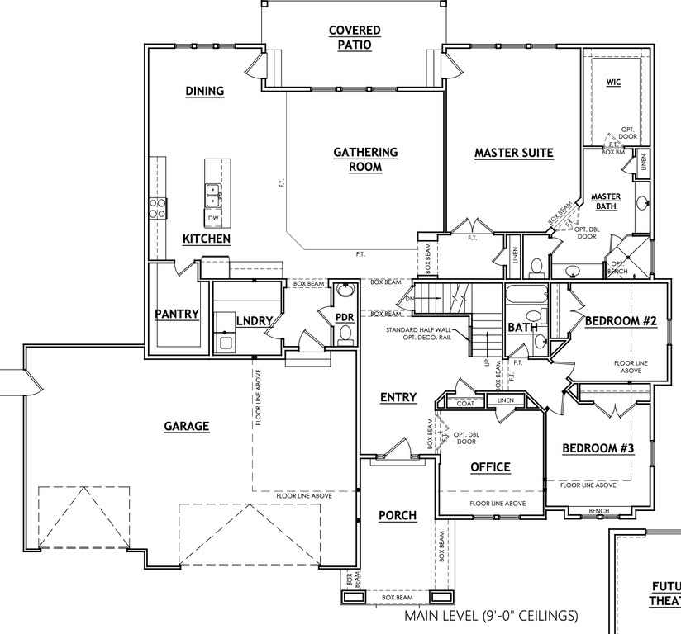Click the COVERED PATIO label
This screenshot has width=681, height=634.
(355, 38)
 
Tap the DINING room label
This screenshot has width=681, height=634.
(205, 91)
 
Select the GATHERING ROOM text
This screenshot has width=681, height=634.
(365, 159)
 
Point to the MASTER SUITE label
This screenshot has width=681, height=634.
(513, 153)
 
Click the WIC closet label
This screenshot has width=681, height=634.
(613, 83)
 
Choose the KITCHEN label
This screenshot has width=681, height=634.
(206, 239)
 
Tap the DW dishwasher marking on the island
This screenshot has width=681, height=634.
(213, 218)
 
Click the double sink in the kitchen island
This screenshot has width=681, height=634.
(212, 195)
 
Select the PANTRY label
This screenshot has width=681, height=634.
(177, 314)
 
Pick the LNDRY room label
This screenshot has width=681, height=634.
(255, 320)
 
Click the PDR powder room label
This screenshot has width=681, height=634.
(345, 318)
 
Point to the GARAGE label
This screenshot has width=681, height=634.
(186, 427)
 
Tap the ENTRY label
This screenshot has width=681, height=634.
(398, 398)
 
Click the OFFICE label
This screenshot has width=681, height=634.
(490, 467)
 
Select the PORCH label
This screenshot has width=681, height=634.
(397, 516)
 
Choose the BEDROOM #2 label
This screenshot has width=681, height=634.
(620, 321)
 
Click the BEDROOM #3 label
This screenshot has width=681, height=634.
(598, 448)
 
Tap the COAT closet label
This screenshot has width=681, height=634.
(464, 402)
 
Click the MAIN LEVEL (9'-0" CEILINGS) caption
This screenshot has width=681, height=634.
(491, 617)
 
